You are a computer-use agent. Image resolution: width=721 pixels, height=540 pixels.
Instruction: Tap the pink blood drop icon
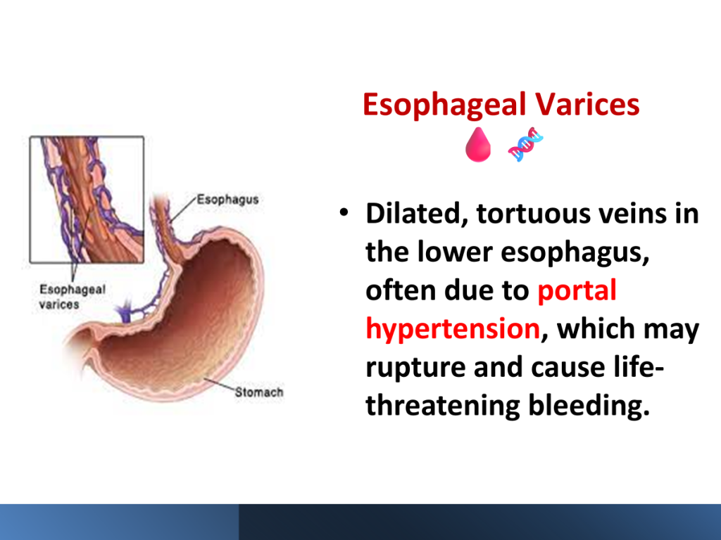478,145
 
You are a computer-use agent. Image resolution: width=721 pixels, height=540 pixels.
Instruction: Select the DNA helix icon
525,144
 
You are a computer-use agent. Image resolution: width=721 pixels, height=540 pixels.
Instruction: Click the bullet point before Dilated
344,212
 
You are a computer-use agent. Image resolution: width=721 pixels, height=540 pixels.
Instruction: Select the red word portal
577,290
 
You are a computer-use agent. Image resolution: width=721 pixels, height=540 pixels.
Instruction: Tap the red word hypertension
453,329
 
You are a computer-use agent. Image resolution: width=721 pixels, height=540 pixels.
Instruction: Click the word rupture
415,368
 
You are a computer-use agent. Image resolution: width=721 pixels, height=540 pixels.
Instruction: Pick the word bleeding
589,405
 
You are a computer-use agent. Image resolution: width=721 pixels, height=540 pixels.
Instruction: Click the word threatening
442,406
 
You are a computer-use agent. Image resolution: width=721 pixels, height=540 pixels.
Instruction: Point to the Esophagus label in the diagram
227,200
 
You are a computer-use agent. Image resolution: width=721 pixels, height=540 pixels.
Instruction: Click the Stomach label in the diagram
259,392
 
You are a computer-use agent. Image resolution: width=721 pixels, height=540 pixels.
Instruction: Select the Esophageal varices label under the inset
73,297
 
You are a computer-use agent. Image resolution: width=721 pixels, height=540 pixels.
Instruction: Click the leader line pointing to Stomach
220,385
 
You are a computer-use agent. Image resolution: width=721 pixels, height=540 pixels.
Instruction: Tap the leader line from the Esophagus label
182,210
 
